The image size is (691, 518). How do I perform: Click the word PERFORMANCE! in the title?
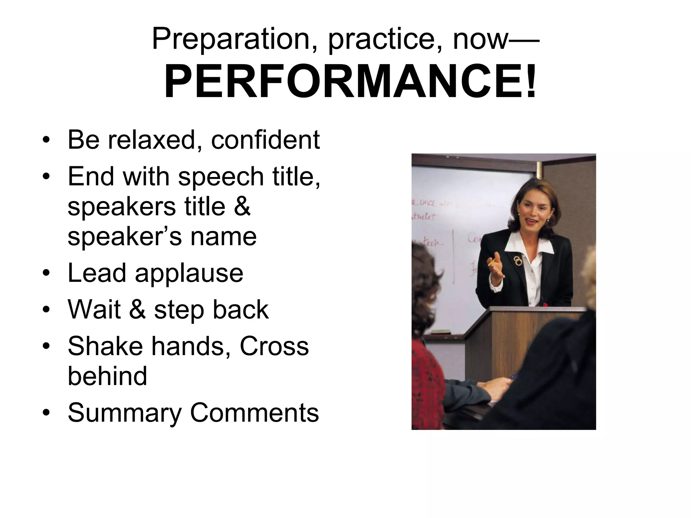coord(350,82)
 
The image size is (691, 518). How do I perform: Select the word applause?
coord(189,273)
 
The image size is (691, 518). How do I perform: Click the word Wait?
coord(94,309)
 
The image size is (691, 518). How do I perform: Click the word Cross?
coord(274,346)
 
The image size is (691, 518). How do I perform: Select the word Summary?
coord(125,413)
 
